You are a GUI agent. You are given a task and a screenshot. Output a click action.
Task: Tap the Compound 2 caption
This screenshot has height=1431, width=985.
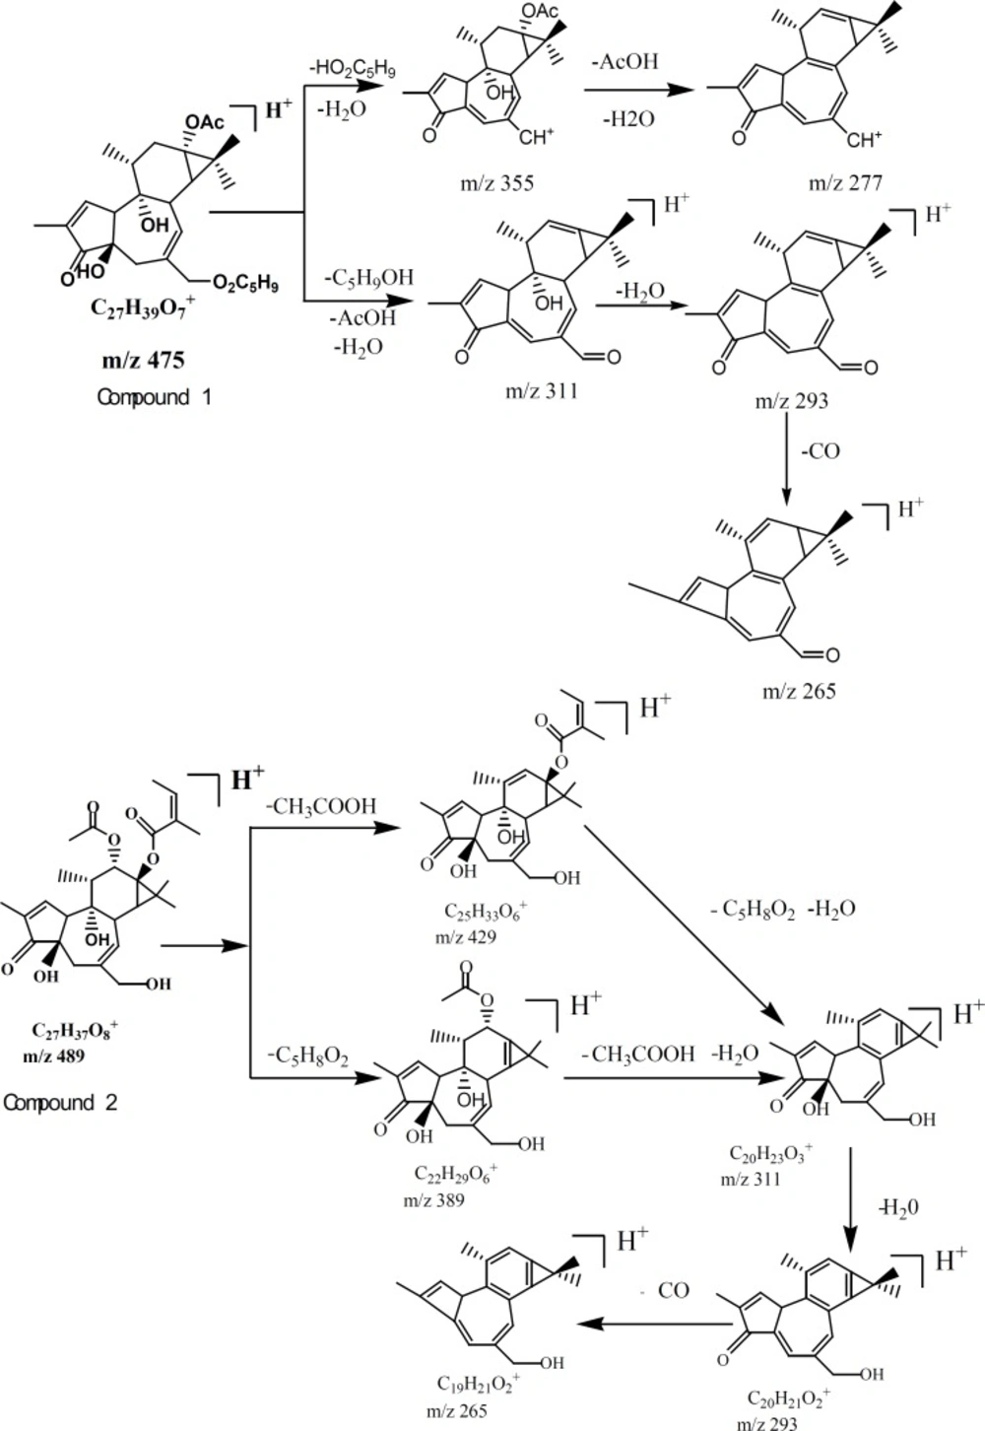(60, 1102)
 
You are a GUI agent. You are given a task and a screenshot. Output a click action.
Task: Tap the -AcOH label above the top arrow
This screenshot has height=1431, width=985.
(623, 62)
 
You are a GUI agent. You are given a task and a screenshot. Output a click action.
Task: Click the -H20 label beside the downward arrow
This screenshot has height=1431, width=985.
(897, 1206)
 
